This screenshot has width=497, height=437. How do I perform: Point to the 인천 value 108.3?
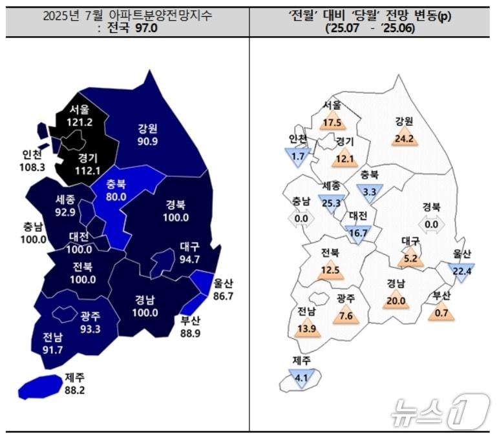coord(33,166)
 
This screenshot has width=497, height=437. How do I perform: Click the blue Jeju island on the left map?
coord(41,386)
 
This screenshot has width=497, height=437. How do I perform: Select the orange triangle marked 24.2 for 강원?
coord(405,137)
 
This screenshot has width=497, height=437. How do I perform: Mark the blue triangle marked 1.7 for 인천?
coord(299,156)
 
